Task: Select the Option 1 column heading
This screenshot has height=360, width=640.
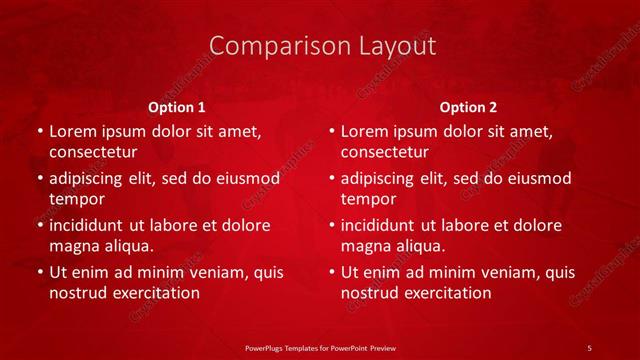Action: (177, 107)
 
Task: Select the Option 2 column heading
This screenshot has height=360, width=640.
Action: (468, 107)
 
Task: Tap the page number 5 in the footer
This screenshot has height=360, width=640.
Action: (590, 347)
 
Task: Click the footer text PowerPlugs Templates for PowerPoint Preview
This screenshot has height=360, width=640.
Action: (319, 347)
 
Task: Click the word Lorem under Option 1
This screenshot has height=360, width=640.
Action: (71, 131)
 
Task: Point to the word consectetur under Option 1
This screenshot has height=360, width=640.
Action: (93, 152)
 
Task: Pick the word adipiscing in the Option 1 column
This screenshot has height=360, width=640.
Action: (88, 178)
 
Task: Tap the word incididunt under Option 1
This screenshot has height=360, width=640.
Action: (88, 225)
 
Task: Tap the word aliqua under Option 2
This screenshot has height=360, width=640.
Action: (419, 246)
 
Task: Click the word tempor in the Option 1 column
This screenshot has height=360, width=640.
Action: (76, 199)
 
